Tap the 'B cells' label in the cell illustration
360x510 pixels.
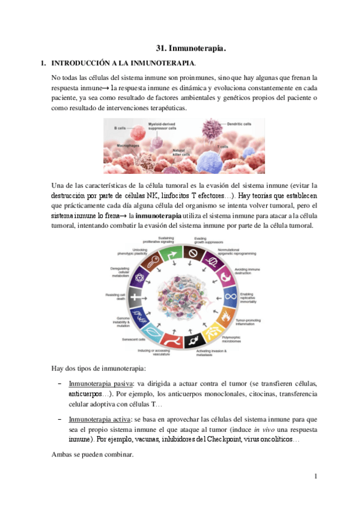click(120, 127)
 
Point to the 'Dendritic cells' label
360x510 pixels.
click(239, 124)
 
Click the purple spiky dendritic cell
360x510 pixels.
click(212, 128)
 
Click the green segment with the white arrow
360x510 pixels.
click(171, 252)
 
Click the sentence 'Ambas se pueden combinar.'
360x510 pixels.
click(92, 455)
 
